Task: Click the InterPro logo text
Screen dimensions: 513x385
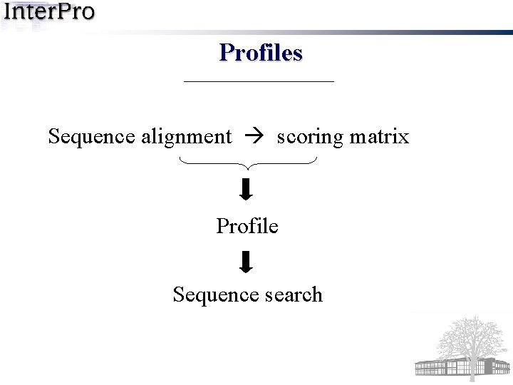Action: [48, 12]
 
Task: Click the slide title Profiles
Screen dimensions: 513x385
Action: [261, 53]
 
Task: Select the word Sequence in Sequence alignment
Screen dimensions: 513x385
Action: [92, 136]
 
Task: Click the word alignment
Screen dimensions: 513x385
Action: [187, 136]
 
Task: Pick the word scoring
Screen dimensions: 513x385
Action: [309, 136]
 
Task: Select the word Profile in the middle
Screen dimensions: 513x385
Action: [247, 226]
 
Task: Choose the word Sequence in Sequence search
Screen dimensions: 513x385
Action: [205, 294]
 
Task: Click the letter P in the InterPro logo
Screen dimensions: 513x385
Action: [65, 12]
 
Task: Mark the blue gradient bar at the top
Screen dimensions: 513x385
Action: [321, 32]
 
